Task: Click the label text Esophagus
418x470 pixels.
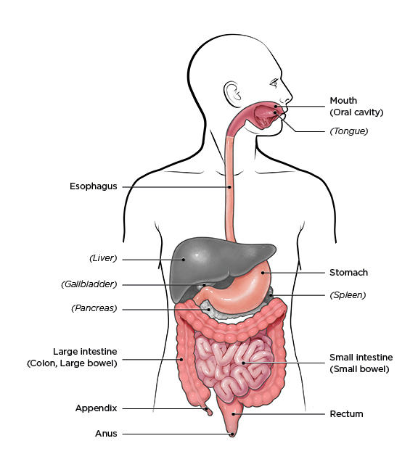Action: click(x=94, y=186)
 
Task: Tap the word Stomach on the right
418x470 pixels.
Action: click(x=348, y=273)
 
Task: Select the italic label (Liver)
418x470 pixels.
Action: click(x=103, y=258)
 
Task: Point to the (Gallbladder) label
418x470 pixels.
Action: click(x=89, y=284)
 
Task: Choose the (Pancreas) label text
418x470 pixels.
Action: click(x=94, y=308)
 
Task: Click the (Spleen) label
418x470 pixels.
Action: click(x=348, y=295)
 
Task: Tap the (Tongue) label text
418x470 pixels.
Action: click(x=349, y=131)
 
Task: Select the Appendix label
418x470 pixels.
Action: click(x=96, y=408)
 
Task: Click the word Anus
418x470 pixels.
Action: click(x=106, y=434)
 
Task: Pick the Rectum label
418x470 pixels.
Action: click(x=346, y=414)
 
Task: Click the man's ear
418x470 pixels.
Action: click(x=232, y=94)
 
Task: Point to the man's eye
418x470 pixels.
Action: click(x=274, y=83)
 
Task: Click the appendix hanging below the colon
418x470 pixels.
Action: click(x=208, y=411)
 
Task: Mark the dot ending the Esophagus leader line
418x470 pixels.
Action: click(x=230, y=187)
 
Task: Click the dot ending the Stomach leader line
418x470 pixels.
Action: click(x=263, y=273)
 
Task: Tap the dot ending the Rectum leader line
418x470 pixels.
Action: click(x=234, y=414)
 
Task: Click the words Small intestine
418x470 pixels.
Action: click(x=361, y=358)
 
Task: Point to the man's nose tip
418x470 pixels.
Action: click(x=291, y=99)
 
